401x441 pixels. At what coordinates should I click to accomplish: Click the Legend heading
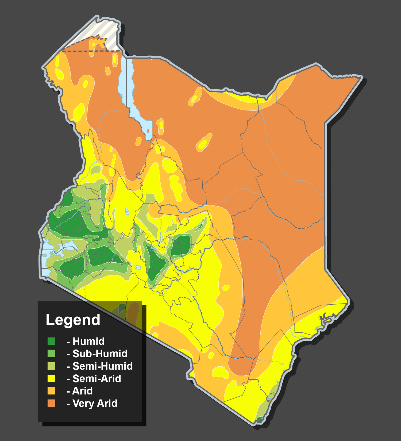pos(73,320)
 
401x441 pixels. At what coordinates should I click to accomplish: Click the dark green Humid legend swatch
pos(51,341)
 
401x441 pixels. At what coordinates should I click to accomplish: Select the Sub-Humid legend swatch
pos(51,354)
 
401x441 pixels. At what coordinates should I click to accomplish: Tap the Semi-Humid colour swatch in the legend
pos(51,366)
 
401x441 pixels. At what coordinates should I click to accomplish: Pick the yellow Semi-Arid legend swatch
pos(51,378)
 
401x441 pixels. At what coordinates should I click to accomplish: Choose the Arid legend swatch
pos(51,391)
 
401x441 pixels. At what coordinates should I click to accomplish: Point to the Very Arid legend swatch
pos(51,403)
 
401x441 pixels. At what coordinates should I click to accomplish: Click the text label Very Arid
pos(95,403)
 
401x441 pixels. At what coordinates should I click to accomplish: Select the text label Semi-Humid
pos(102,366)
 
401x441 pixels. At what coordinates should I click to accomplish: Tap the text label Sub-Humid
pos(100,354)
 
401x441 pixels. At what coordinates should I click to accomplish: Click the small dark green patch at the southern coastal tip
pos(259,419)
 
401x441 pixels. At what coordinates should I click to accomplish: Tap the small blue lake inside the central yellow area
pos(127,212)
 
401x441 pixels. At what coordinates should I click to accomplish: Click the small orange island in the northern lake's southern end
pos(148,131)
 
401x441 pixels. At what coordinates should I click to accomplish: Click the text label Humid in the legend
pos(88,342)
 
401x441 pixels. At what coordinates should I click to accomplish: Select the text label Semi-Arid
pos(97,379)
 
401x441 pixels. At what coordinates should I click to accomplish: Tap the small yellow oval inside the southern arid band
pos(226,288)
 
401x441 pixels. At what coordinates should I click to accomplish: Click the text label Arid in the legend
pos(82,391)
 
